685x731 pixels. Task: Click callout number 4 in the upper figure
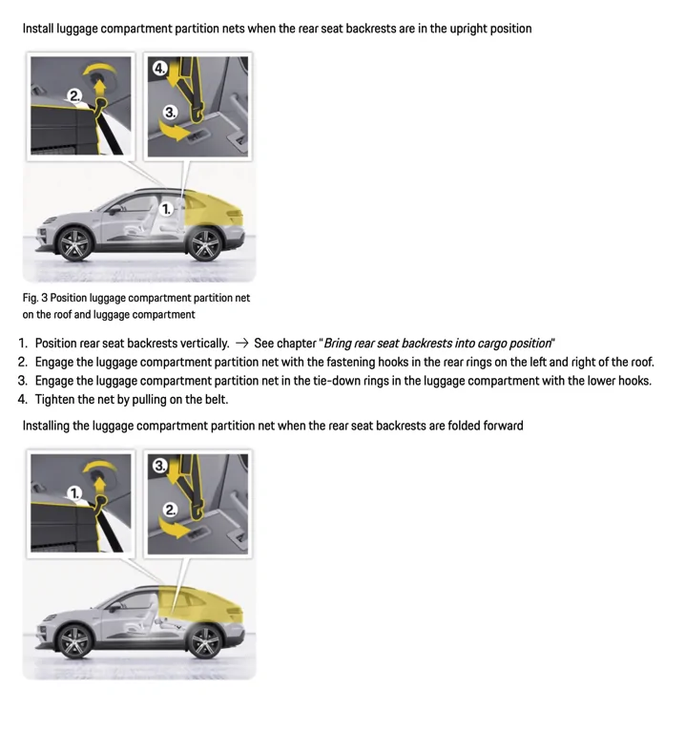pos(159,68)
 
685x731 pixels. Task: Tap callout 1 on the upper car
pos(166,208)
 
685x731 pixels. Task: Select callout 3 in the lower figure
pos(159,466)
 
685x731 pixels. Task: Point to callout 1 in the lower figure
pos(74,492)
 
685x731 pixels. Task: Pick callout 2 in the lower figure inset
pos(170,510)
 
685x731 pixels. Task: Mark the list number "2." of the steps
pos(23,363)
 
